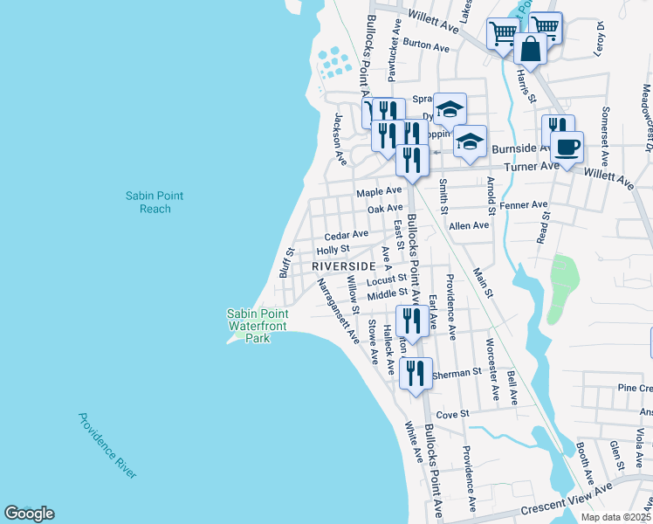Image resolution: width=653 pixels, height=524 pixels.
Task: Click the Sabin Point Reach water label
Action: point(155,203)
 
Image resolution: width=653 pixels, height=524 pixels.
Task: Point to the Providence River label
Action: point(107,445)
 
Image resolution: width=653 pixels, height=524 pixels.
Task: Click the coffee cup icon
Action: point(567,147)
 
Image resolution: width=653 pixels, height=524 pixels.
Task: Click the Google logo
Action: point(29,514)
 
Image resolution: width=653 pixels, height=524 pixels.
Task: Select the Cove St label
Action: point(453,414)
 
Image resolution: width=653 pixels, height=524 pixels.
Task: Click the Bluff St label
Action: point(285,262)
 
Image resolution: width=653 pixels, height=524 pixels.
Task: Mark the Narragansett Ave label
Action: point(338,310)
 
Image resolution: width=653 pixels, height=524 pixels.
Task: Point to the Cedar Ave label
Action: point(347,236)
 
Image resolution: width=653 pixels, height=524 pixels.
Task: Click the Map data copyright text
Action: point(615,517)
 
